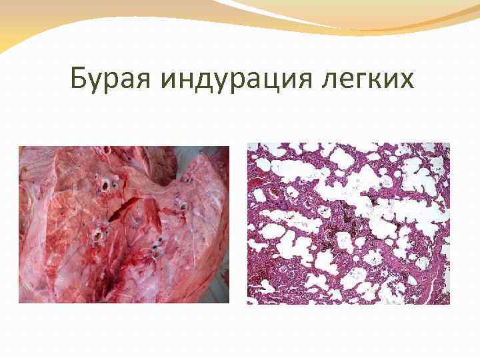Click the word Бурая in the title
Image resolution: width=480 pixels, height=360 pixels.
[113, 81]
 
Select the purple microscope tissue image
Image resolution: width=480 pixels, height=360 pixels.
[349, 223]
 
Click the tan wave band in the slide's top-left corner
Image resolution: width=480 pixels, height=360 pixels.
[27, 27]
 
